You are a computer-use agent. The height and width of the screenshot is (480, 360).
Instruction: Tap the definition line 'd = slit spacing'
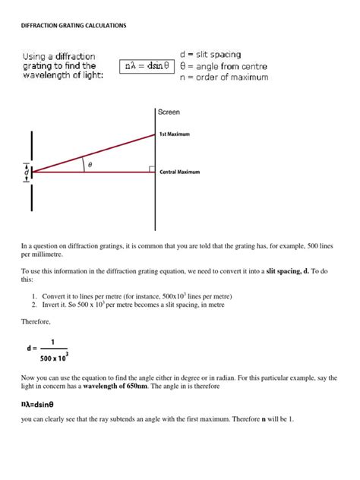[210, 55]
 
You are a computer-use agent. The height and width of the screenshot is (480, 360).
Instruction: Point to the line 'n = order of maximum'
[223, 77]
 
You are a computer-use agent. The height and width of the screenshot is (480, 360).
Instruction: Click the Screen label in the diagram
[169, 112]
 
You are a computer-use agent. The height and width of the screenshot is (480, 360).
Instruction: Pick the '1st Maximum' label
[175, 134]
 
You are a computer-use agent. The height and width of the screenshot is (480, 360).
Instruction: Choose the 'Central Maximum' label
[179, 172]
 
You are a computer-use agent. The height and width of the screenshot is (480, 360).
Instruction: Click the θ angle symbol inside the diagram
[90, 164]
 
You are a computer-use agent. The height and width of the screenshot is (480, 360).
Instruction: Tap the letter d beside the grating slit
[27, 173]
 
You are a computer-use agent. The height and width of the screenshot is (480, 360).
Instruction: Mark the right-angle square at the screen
[152, 169]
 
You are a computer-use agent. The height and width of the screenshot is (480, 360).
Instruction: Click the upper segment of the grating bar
[32, 147]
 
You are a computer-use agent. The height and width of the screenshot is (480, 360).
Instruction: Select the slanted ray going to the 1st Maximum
[91, 153]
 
